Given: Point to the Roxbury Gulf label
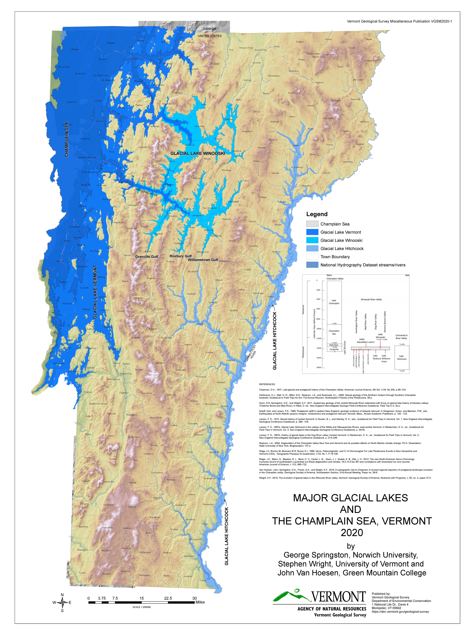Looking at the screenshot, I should pyautogui.click(x=180, y=256).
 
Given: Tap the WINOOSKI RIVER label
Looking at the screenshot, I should pyautogui.click(x=146, y=192).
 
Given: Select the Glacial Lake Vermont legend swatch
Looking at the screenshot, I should pyautogui.click(x=312, y=232).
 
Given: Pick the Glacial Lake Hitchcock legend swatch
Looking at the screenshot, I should pyautogui.click(x=312, y=248).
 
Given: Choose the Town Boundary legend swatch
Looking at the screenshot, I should pyautogui.click(x=312, y=257).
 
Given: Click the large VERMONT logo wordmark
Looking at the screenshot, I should pyautogui.click(x=339, y=597).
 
